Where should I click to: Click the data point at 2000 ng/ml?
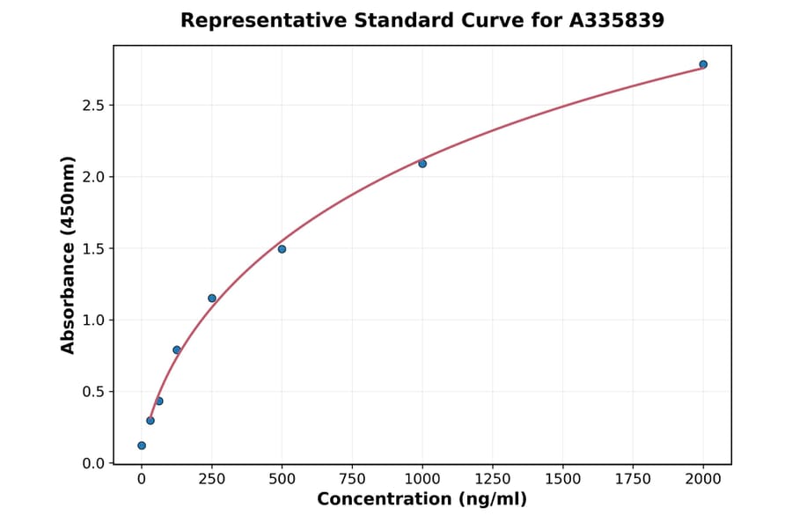[x=703, y=64]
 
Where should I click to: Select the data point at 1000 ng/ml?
[x=422, y=164]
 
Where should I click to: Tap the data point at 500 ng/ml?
[x=282, y=249]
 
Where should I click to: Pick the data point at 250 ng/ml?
[x=212, y=298]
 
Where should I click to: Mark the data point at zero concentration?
[x=142, y=446]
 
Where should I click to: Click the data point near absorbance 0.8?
[x=177, y=350]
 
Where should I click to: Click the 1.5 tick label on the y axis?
[x=92, y=249]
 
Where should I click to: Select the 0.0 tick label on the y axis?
[x=92, y=463]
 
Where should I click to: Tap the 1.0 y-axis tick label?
[x=92, y=320]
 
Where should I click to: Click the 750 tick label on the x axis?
[x=352, y=479]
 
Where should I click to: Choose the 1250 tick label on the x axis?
[x=493, y=479]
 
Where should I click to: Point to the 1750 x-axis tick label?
[x=633, y=479]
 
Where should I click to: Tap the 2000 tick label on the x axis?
[x=703, y=479]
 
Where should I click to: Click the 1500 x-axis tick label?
[x=563, y=479]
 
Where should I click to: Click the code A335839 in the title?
[x=616, y=20]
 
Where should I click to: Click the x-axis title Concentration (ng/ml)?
[x=422, y=500]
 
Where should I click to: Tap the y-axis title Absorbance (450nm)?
[x=69, y=254]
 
